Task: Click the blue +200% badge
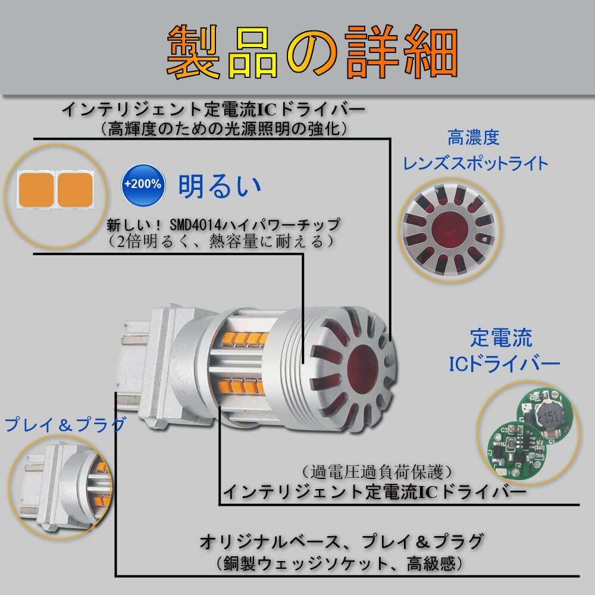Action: (x=143, y=185)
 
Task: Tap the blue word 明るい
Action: (x=220, y=186)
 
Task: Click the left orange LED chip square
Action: (x=36, y=190)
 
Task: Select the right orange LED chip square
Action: (x=74, y=190)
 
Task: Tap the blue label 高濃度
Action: (x=473, y=137)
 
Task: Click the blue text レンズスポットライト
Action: (x=475, y=164)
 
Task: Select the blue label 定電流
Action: (x=501, y=337)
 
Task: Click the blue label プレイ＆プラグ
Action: (x=65, y=424)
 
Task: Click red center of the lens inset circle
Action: (x=449, y=229)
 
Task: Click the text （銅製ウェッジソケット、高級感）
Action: (x=340, y=563)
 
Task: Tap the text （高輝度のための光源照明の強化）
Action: (x=224, y=129)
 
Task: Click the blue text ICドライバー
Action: (x=505, y=364)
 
